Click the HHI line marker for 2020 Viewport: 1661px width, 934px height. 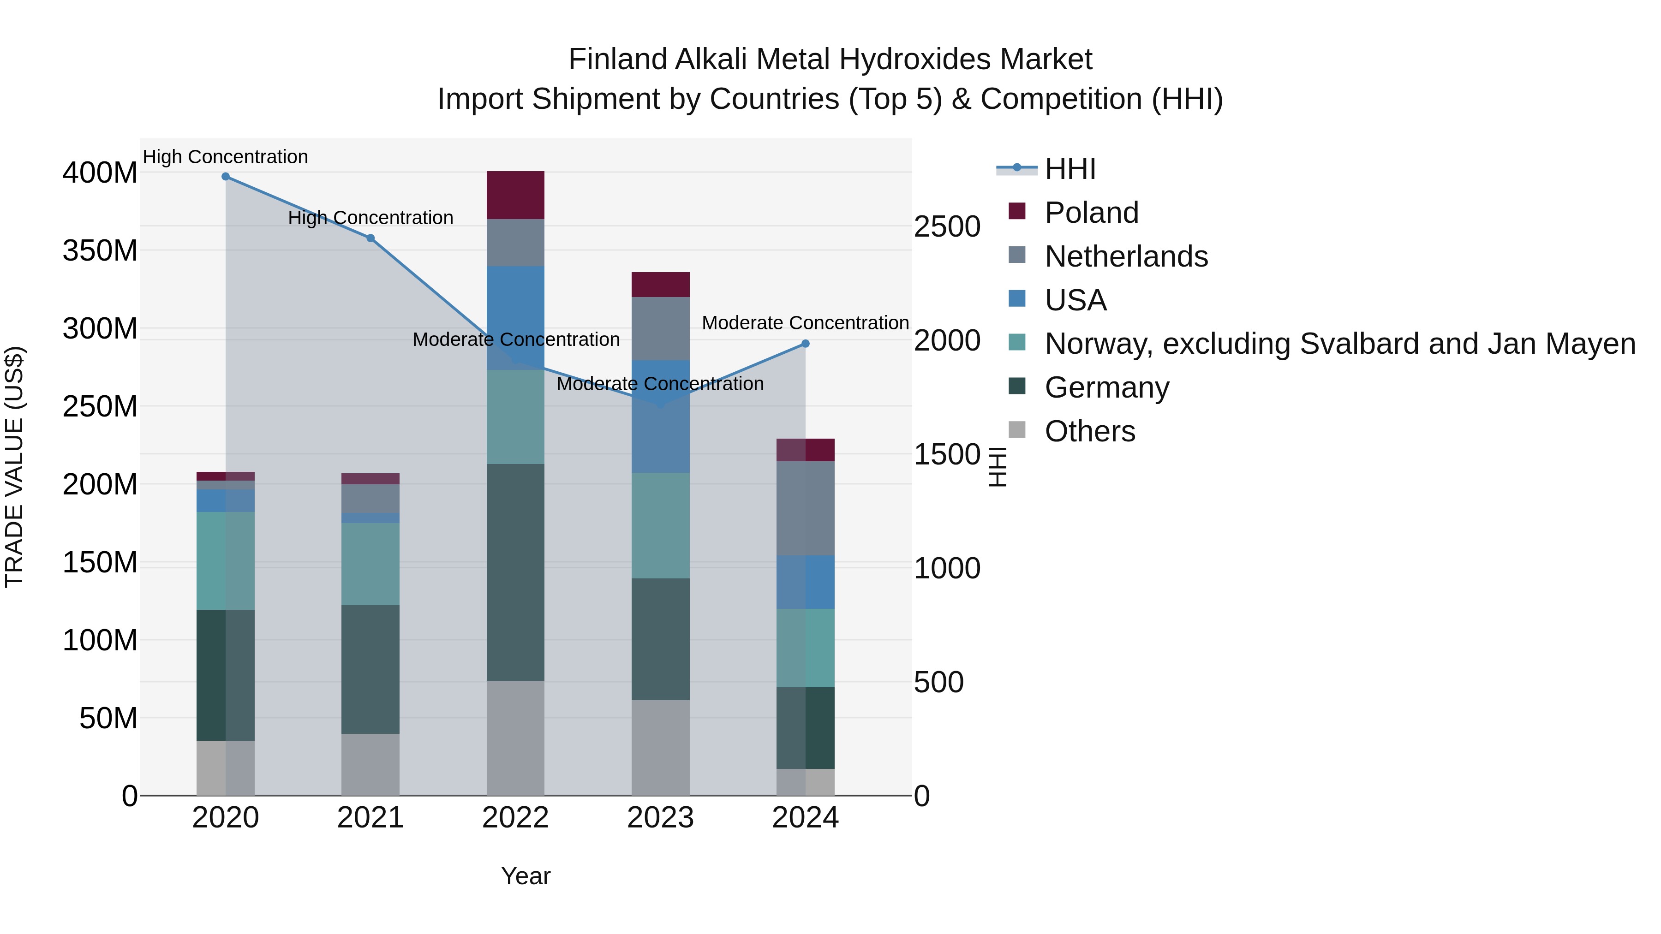[x=226, y=177]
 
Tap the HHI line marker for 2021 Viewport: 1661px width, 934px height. [x=371, y=238]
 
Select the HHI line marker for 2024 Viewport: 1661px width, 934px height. [x=805, y=344]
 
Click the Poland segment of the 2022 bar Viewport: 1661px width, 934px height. [x=515, y=195]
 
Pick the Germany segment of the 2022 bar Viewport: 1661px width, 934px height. [x=515, y=572]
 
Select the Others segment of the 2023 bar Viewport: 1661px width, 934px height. [x=660, y=748]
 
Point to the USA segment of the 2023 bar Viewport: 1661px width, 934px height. [x=660, y=416]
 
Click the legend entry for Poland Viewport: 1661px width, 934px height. [x=1091, y=213]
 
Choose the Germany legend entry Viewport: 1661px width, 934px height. [x=1106, y=387]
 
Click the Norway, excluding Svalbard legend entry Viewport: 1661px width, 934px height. [x=1339, y=344]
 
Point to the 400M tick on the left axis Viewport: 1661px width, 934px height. [x=100, y=173]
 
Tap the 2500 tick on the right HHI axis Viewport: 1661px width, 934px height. [x=947, y=227]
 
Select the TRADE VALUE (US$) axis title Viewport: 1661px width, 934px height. [x=14, y=467]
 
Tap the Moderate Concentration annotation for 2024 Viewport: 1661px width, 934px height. [x=805, y=323]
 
